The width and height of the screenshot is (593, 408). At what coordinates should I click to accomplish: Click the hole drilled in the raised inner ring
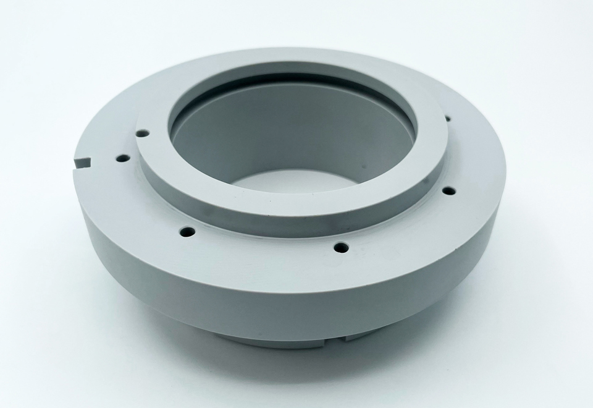click(142, 132)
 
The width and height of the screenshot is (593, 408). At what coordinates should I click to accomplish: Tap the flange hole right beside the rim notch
click(123, 158)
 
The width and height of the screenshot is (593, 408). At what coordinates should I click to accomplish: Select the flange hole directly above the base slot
click(340, 248)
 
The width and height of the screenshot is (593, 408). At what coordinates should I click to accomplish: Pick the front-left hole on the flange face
click(187, 232)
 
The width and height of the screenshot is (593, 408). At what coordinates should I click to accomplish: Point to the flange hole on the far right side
click(449, 190)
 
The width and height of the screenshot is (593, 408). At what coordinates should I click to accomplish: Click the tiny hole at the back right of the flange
click(447, 118)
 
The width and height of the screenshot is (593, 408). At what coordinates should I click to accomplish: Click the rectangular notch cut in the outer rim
click(82, 162)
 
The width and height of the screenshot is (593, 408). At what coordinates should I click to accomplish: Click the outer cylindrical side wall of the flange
click(247, 291)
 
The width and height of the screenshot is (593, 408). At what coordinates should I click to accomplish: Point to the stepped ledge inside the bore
click(296, 80)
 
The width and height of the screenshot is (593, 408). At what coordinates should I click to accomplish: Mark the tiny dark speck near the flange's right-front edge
click(458, 247)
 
